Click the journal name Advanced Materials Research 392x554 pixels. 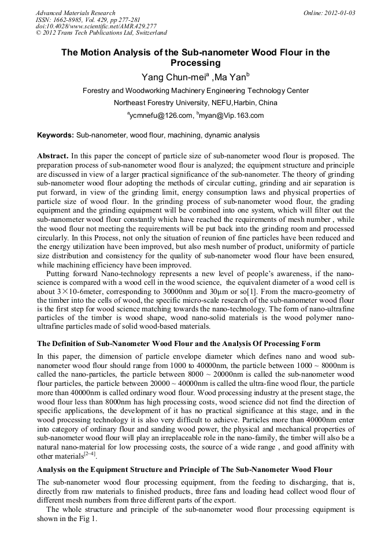(75, 13)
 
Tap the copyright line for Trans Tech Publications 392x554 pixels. (101, 33)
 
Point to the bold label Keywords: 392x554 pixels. (56, 135)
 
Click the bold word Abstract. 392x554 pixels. (53, 156)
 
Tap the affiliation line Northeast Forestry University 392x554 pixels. (195, 103)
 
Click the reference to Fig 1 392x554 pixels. (88, 519)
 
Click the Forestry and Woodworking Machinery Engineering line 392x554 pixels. (195, 91)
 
